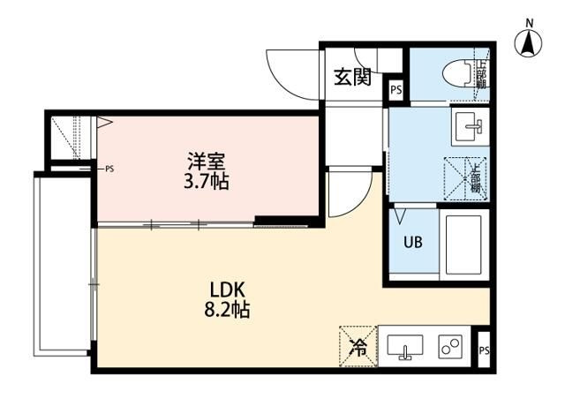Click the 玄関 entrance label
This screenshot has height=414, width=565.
click(x=352, y=78)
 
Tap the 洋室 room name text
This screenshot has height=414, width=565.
click(x=207, y=162)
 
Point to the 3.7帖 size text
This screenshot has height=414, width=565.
click(x=207, y=183)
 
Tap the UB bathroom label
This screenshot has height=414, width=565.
click(x=411, y=241)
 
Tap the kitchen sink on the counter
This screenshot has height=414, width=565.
click(x=406, y=346)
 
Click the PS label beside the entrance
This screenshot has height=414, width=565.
click(x=395, y=89)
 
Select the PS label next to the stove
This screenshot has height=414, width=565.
click(x=483, y=350)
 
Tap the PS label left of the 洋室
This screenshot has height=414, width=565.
click(x=109, y=168)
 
